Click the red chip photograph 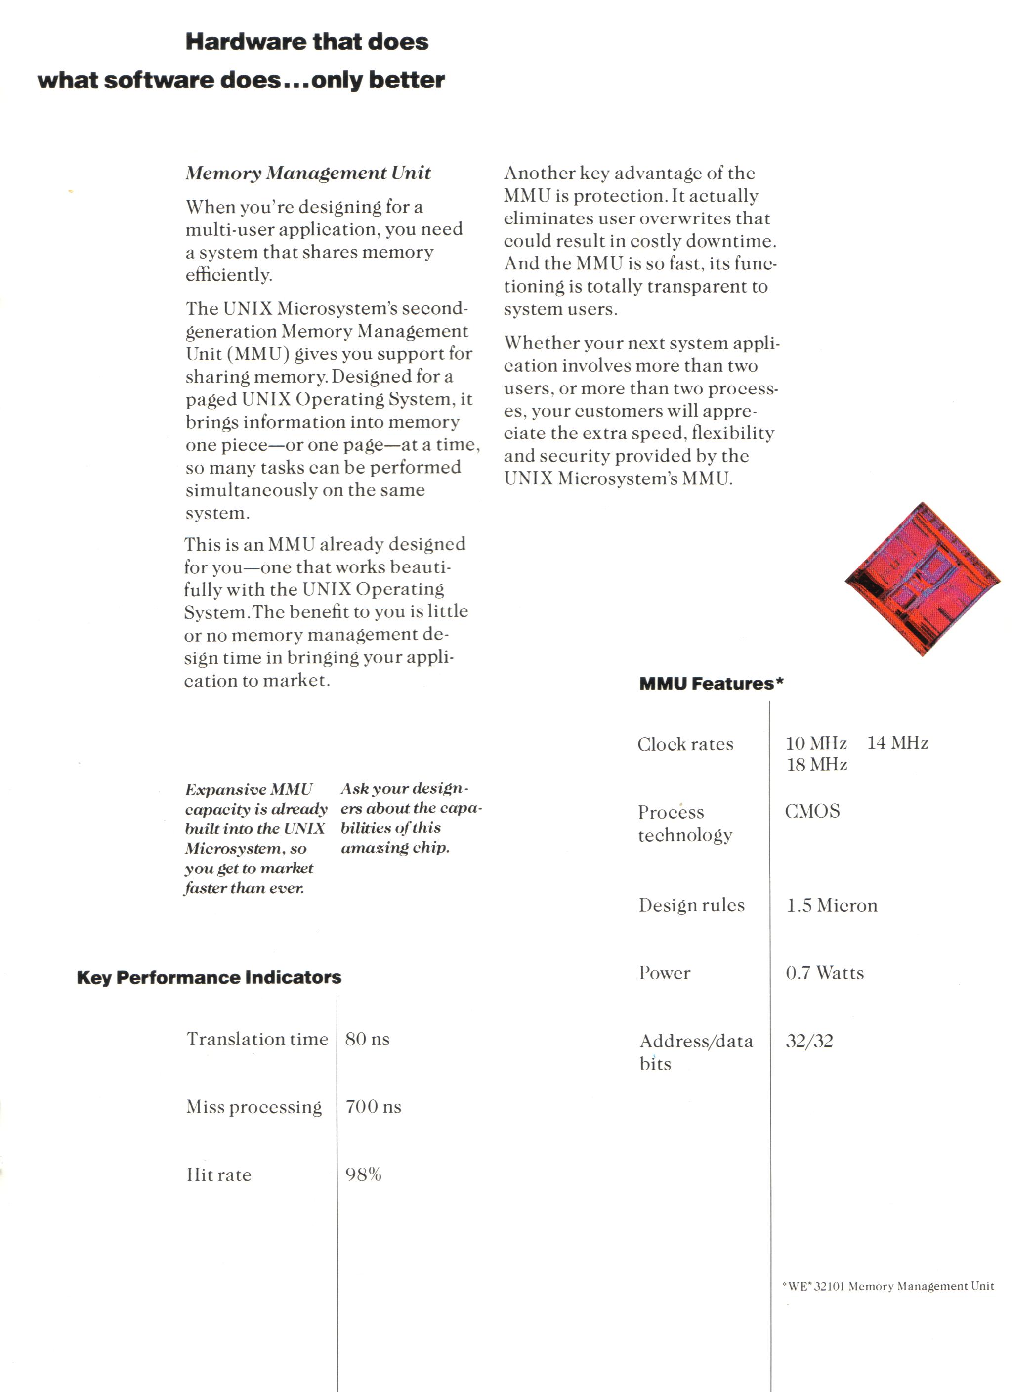923,579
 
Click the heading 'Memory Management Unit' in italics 308,173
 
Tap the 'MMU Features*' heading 711,684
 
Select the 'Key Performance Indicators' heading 209,977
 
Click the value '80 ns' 367,1039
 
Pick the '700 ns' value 373,1107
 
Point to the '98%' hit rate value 363,1174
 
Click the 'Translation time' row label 257,1039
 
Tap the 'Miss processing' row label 253,1107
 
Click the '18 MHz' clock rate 816,765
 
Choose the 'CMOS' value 812,811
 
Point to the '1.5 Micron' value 832,905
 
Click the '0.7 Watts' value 824,973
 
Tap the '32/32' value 809,1041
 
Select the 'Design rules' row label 691,905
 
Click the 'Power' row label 664,973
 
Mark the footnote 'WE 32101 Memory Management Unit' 888,1286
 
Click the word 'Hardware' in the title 245,42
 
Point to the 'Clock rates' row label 685,744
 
